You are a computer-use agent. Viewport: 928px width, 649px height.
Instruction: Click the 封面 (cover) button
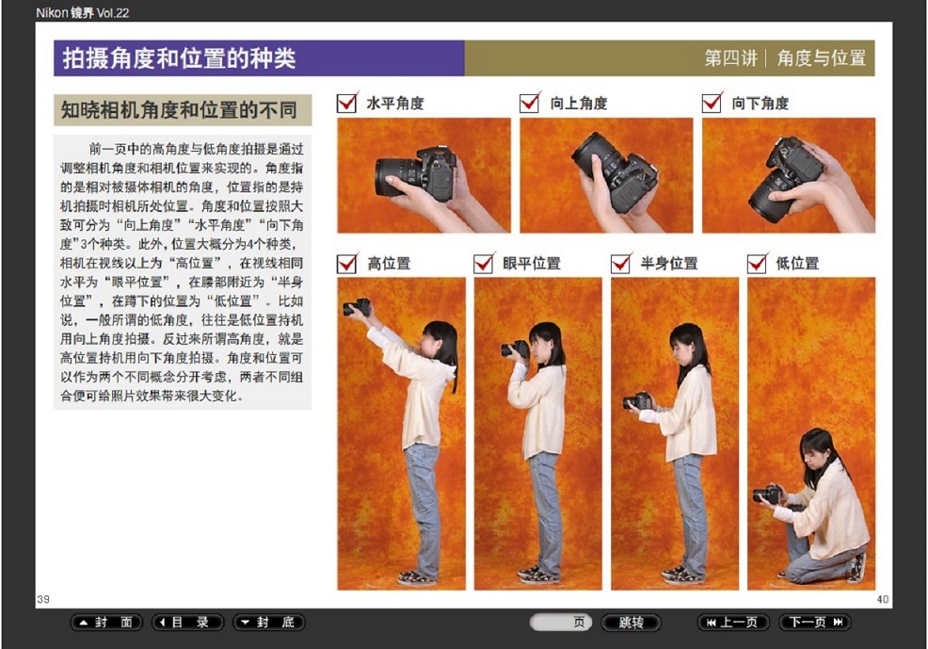(106, 623)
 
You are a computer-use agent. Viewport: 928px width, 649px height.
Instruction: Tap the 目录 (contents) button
(187, 623)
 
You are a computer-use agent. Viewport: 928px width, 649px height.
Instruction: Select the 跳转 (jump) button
(631, 623)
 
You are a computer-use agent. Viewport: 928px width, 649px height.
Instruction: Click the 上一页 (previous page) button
(734, 623)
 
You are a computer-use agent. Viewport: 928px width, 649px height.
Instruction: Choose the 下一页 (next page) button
(814, 623)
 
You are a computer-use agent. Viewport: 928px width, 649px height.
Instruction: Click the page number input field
(560, 623)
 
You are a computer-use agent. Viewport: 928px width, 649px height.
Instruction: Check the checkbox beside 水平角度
(346, 103)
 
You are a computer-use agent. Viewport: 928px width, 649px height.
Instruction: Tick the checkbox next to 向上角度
(530, 103)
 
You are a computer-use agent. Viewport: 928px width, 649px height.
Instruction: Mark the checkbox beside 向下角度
(712, 103)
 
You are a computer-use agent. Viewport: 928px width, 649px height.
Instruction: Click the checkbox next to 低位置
(757, 263)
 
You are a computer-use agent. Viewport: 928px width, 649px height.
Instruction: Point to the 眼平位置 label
(532, 263)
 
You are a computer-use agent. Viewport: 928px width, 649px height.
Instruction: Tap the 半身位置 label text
(669, 263)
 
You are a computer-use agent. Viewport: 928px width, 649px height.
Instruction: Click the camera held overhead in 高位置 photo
(357, 307)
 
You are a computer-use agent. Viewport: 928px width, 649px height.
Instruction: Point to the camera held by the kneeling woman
(766, 494)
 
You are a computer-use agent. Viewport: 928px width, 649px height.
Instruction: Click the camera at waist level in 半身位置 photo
(637, 401)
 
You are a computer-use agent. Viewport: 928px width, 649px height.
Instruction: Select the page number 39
(43, 599)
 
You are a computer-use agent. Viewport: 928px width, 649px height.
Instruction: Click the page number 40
(883, 599)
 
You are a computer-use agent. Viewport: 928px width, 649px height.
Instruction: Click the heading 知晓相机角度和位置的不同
(179, 110)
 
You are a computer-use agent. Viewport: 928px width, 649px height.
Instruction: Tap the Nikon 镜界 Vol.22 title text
(82, 12)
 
